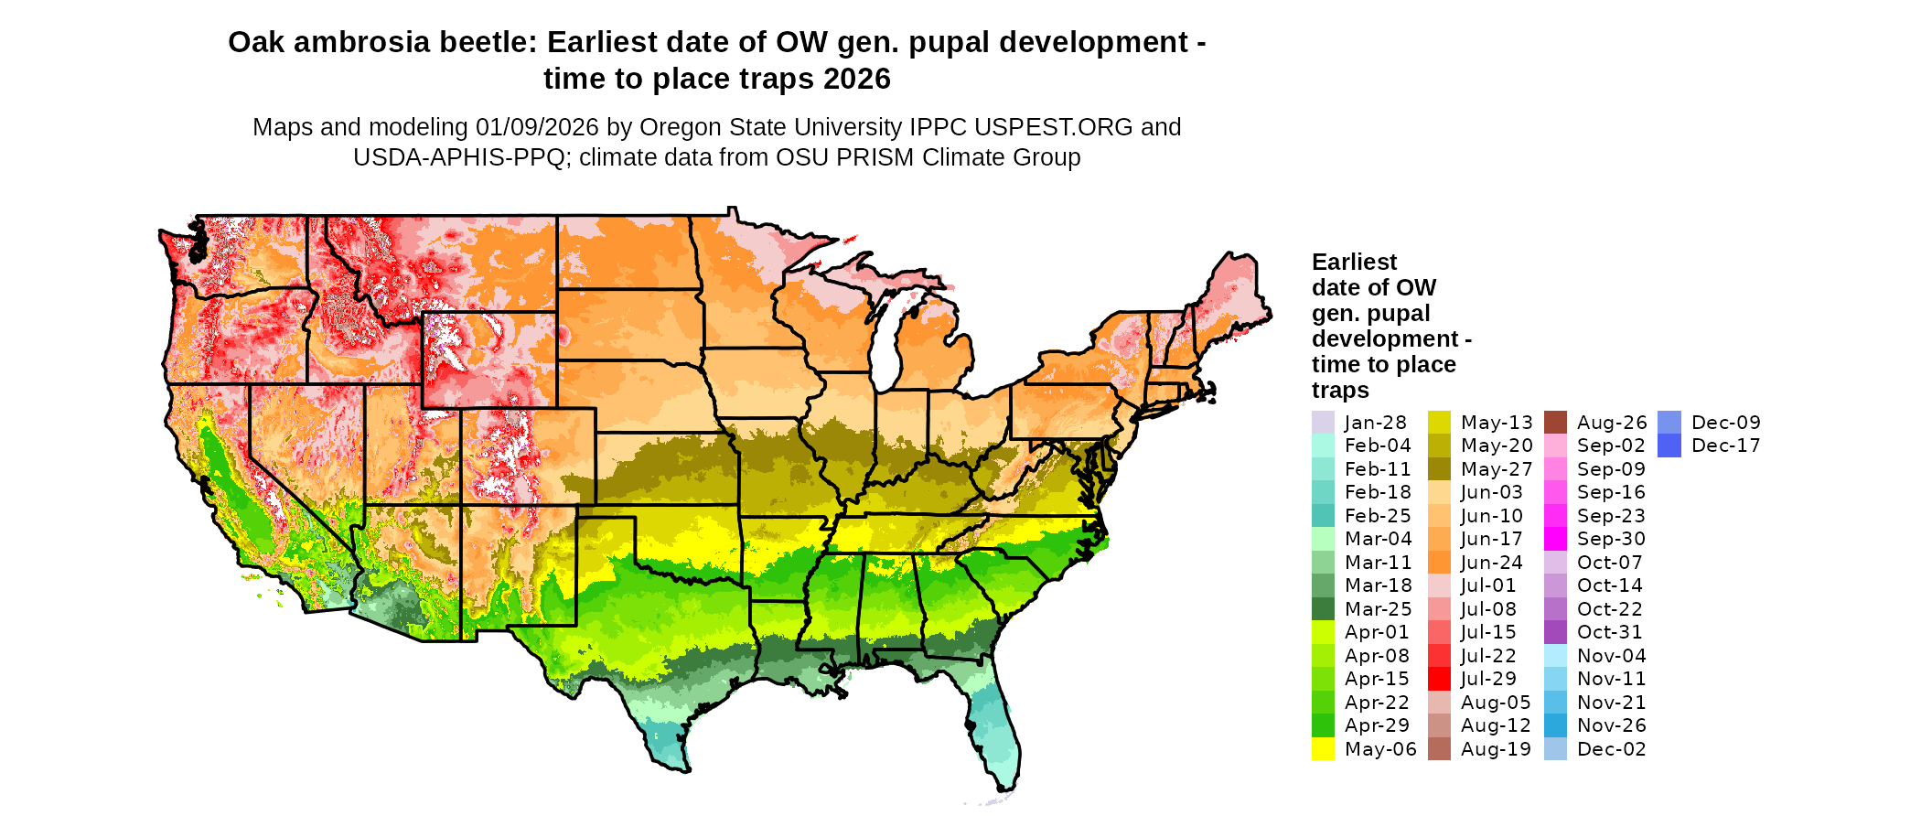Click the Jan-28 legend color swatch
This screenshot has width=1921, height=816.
click(x=1323, y=423)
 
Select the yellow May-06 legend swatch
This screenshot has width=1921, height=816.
click(x=1323, y=749)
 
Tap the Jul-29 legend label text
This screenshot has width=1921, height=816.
click(x=1488, y=679)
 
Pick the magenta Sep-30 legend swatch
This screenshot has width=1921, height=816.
click(x=1555, y=539)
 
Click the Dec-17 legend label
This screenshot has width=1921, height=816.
click(x=1725, y=446)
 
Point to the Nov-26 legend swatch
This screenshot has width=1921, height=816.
click(x=1555, y=725)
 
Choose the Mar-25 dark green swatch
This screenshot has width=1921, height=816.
click(x=1323, y=609)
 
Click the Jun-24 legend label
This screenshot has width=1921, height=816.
click(x=1491, y=563)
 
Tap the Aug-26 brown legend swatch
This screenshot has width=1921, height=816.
click(x=1555, y=423)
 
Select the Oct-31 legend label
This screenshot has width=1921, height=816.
click(x=1611, y=632)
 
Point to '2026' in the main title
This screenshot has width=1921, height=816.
click(x=856, y=80)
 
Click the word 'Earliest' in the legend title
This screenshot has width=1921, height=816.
click(x=1354, y=263)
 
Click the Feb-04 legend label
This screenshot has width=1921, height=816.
click(x=1378, y=446)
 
